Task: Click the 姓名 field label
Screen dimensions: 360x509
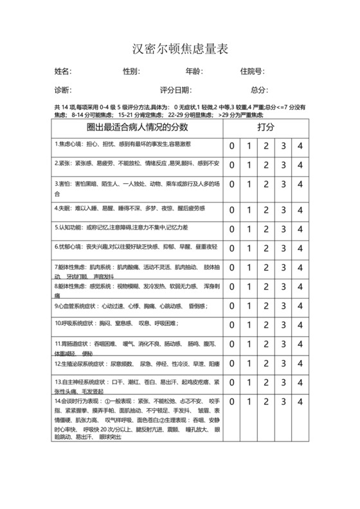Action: click(x=62, y=71)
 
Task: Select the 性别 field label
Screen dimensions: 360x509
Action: click(x=130, y=71)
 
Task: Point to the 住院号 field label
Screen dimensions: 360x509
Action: click(x=251, y=71)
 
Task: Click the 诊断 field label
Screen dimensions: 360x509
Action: click(x=62, y=90)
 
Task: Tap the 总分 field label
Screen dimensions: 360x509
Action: click(x=258, y=90)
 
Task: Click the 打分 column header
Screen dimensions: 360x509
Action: click(x=265, y=127)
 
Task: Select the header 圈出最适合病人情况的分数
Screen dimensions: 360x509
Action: click(x=137, y=127)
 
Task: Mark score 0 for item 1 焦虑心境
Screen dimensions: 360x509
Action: click(x=232, y=146)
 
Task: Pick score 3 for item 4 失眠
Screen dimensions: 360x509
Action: click(x=282, y=209)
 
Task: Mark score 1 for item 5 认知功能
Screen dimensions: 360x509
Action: click(x=249, y=228)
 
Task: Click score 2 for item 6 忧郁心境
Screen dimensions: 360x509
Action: click(x=265, y=247)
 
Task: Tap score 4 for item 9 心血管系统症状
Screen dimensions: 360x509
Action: click(x=299, y=307)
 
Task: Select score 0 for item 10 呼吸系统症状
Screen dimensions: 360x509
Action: click(x=232, y=324)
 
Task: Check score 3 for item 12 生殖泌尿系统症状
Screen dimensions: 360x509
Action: click(x=282, y=364)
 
